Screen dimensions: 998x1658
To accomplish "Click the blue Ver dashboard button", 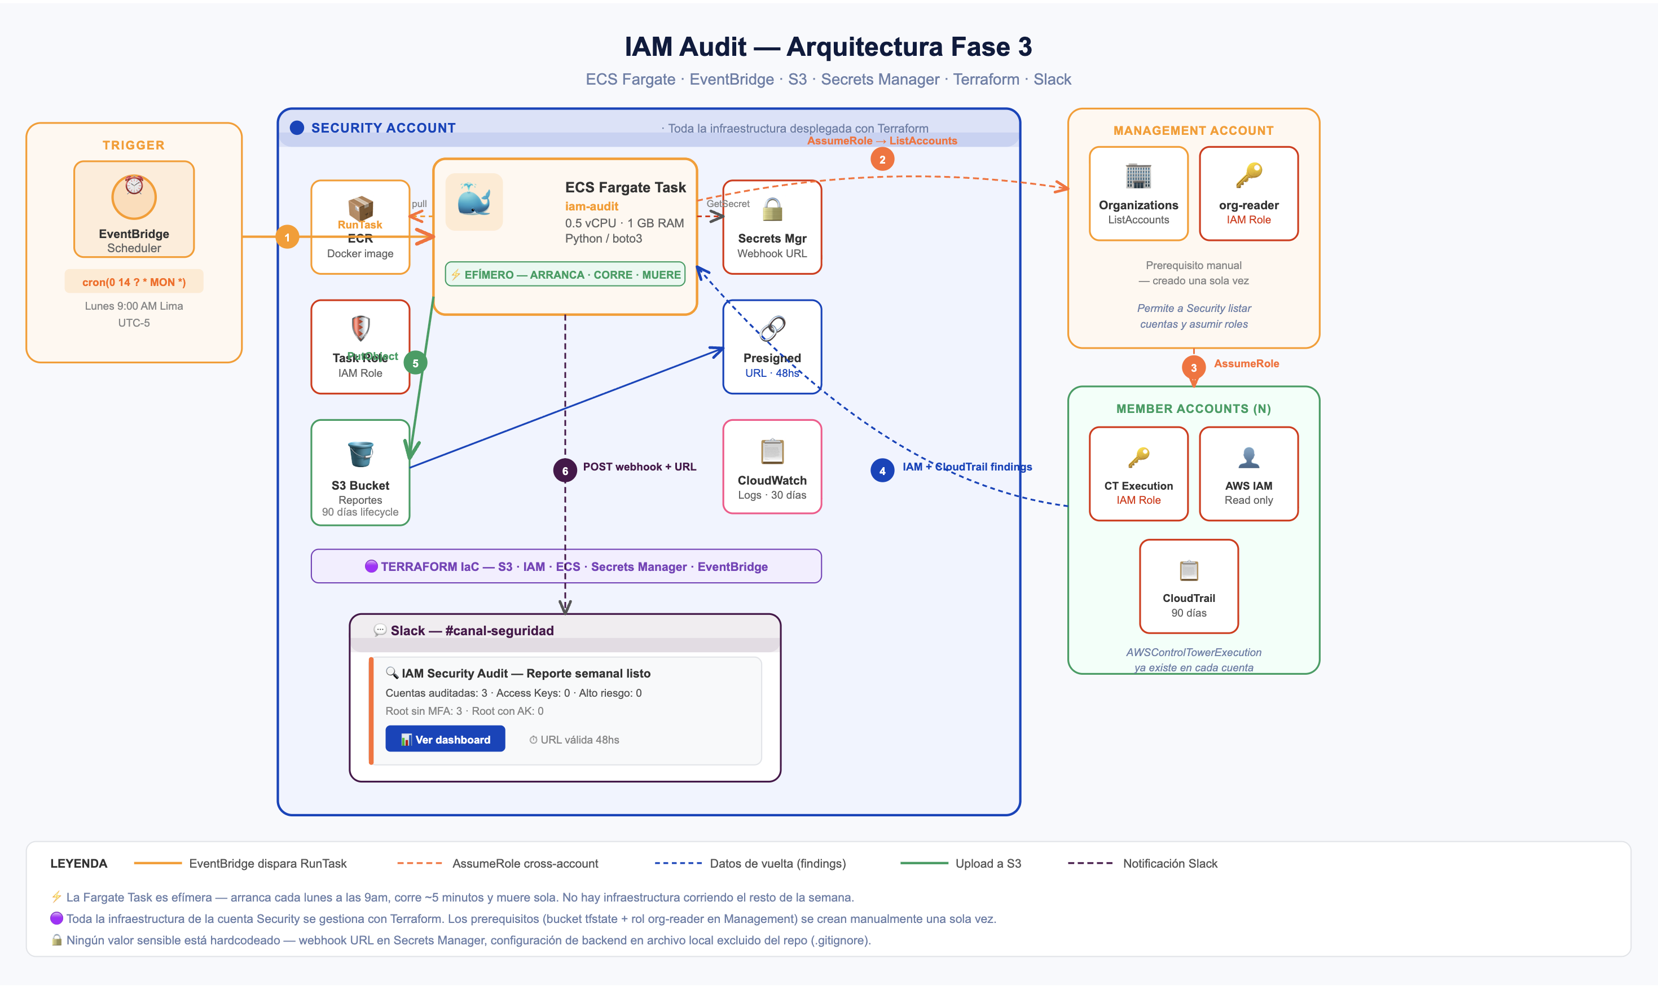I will pos(445,739).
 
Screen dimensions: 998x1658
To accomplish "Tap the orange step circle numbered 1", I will pos(287,238).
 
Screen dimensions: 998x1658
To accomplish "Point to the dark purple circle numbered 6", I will pos(565,471).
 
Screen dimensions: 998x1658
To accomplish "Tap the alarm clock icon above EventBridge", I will pos(134,186).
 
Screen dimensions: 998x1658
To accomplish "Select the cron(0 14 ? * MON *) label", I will pos(134,282).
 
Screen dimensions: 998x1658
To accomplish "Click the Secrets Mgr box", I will pos(771,227).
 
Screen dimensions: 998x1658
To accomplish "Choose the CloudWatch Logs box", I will pos(771,467).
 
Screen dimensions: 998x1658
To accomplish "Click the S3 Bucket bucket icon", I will pos(360,454).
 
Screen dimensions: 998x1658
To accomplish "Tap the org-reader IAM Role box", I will pos(1248,194).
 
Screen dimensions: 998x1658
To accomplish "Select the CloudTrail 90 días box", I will pos(1188,586).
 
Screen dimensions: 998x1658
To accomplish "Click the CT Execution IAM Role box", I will pos(1138,473).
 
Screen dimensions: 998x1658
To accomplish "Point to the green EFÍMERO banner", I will pos(565,274).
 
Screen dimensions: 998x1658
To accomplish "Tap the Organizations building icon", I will pos(1138,176).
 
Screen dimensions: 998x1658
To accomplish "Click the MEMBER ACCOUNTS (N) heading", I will pos(1193,408).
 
